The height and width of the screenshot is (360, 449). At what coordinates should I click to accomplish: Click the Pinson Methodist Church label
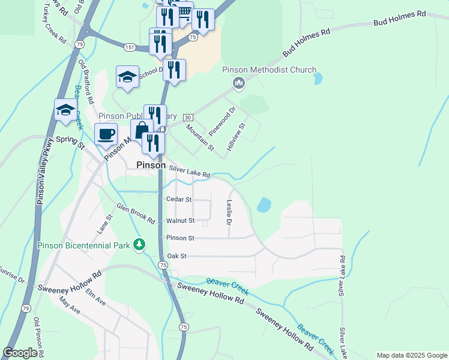click(x=269, y=70)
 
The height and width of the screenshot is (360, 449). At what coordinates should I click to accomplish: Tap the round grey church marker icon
click(x=239, y=82)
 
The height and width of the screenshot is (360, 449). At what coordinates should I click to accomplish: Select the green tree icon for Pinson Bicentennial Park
click(x=139, y=244)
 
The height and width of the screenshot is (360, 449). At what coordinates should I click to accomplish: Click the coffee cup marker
click(x=106, y=134)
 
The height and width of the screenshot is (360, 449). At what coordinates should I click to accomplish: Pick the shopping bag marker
click(x=142, y=130)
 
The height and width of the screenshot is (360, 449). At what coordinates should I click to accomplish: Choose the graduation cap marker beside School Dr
click(x=127, y=77)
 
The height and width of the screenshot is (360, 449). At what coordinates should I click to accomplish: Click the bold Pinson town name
click(x=151, y=165)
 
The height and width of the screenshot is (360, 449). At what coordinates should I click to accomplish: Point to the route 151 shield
click(x=130, y=46)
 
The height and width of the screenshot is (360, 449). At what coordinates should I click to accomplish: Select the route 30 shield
click(x=188, y=116)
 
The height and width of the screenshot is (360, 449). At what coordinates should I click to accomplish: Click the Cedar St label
click(x=179, y=199)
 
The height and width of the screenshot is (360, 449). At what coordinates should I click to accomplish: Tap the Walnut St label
click(x=180, y=221)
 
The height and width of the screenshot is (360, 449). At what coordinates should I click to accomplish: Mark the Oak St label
click(x=177, y=256)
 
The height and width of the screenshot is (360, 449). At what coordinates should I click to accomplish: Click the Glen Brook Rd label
click(x=136, y=214)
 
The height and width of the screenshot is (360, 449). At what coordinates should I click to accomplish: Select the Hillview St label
click(x=237, y=137)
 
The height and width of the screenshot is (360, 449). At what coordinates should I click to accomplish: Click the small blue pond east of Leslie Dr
click(x=264, y=205)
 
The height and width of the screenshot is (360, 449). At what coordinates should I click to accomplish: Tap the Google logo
click(x=20, y=353)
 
